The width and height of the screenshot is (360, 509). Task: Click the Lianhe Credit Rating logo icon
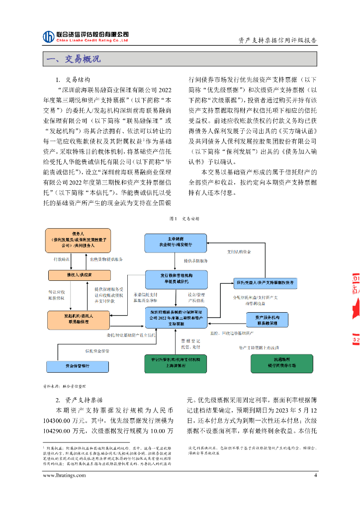(x=48, y=36)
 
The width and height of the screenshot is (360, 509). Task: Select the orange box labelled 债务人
(x=77, y=239)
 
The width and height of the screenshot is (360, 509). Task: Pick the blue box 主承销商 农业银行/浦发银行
(x=176, y=242)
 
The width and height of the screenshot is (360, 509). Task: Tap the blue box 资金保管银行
(x=77, y=365)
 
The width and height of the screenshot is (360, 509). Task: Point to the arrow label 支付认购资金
(x=239, y=252)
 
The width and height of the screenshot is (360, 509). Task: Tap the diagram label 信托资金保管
(x=96, y=351)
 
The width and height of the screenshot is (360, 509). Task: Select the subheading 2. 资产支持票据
(x=79, y=400)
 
